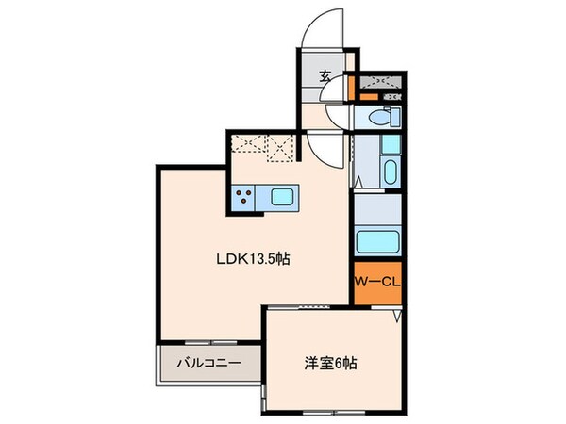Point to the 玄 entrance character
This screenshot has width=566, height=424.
click(325, 77)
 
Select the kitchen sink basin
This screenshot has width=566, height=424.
click(283, 198)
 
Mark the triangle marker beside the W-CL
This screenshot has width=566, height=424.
click(399, 316)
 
